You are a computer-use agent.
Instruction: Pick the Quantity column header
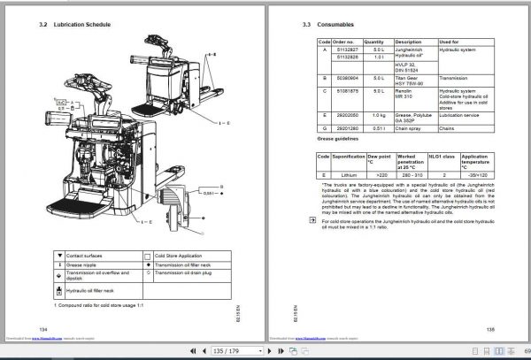(373, 42)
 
